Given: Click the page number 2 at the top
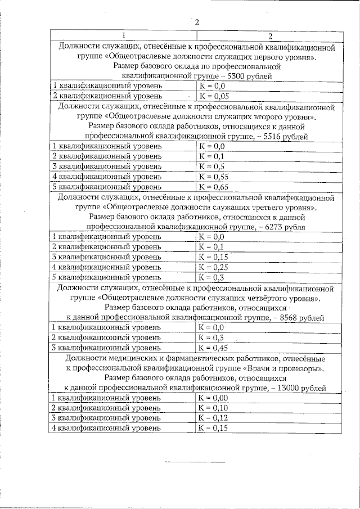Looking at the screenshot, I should [196, 22].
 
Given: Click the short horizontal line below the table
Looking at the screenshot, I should [194, 462].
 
